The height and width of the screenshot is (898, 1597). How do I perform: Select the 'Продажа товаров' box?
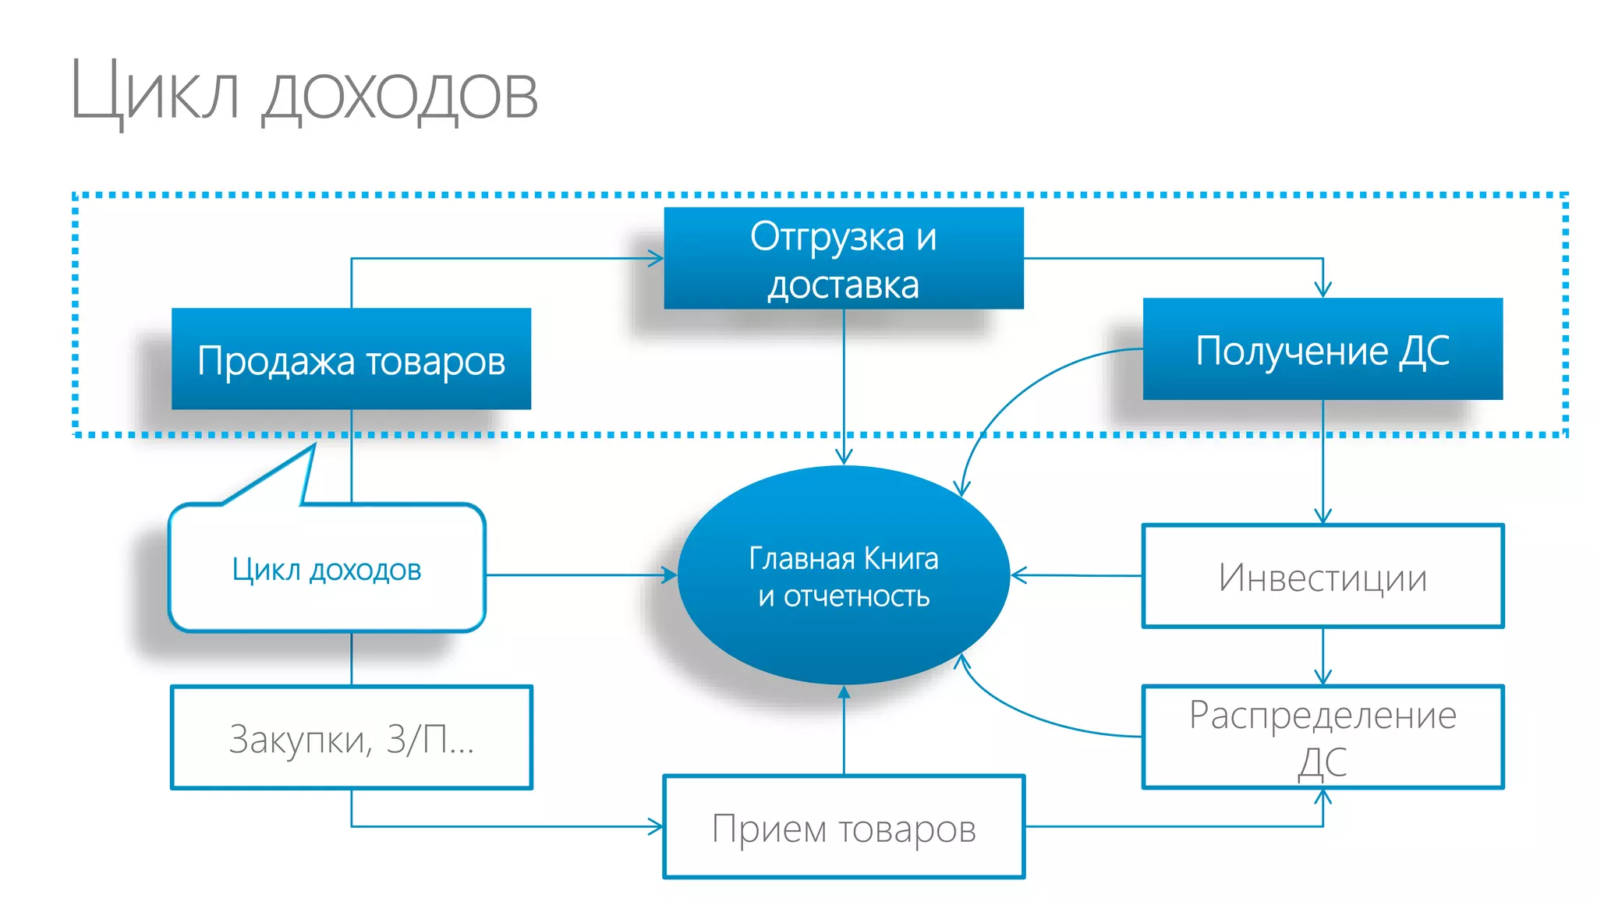pyautogui.click(x=351, y=359)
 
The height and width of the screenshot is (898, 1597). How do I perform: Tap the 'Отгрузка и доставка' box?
pyautogui.click(x=844, y=259)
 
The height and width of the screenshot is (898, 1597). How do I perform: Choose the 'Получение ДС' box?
pyautogui.click(x=1323, y=349)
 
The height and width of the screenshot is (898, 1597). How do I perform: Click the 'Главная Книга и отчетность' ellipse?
pyautogui.click(x=844, y=577)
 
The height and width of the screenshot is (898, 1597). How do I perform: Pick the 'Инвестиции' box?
pyautogui.click(x=1323, y=577)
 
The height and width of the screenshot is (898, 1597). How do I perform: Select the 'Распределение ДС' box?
pyautogui.click(x=1323, y=737)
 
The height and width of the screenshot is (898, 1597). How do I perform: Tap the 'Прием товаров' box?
pyautogui.click(x=844, y=827)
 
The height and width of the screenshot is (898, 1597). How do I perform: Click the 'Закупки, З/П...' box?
pyautogui.click(x=351, y=737)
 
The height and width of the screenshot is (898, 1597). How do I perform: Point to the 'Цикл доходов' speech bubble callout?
pyautogui.click(x=327, y=569)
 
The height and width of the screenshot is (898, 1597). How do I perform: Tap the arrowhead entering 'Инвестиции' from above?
pyautogui.click(x=1323, y=516)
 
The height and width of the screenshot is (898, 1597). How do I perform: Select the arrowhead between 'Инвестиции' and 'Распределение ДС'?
pyautogui.click(x=1323, y=677)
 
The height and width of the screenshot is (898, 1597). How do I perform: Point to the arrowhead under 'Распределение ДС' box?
pyautogui.click(x=1323, y=796)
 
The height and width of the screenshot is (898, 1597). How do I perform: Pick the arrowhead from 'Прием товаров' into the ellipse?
pyautogui.click(x=844, y=692)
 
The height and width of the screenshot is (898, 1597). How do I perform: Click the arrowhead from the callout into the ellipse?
pyautogui.click(x=670, y=575)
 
